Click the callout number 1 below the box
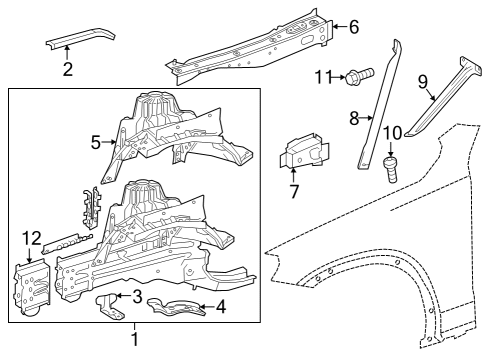click(x=135, y=339)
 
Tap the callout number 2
click(x=68, y=69)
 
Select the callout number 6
click(x=354, y=27)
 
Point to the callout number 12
click(x=32, y=239)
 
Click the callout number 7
click(x=294, y=191)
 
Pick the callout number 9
click(x=423, y=82)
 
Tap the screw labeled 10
click(x=392, y=169)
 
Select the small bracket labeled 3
click(x=109, y=306)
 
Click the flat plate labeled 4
click(x=175, y=307)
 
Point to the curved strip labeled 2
click(x=80, y=38)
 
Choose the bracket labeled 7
click(x=305, y=151)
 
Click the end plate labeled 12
click(x=32, y=288)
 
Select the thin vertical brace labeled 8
click(x=380, y=105)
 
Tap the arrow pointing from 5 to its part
click(x=108, y=142)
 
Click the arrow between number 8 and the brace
click(x=366, y=117)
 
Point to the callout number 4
click(x=221, y=307)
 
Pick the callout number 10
click(x=393, y=133)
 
